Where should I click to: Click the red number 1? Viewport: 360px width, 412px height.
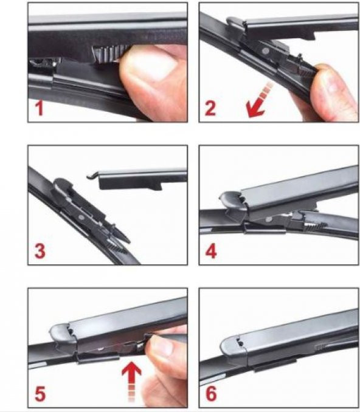pyautogui.click(x=40, y=109)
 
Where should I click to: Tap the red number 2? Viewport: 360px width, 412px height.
pyautogui.click(x=210, y=108)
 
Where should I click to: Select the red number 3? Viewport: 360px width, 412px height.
pyautogui.click(x=40, y=251)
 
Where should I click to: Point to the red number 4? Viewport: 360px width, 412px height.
pyautogui.click(x=211, y=251)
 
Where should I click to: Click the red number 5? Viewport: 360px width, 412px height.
pyautogui.click(x=40, y=394)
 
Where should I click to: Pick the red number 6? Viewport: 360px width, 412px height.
pyautogui.click(x=211, y=394)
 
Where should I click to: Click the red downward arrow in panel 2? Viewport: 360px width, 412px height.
pyautogui.click(x=258, y=100)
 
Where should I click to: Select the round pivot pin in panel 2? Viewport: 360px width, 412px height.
pyautogui.click(x=265, y=50)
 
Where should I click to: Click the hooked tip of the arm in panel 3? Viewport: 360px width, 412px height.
pyautogui.click(x=92, y=176)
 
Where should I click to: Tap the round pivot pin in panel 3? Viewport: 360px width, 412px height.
pyautogui.click(x=81, y=218)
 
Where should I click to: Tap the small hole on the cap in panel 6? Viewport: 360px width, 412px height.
pyautogui.click(x=240, y=342)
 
